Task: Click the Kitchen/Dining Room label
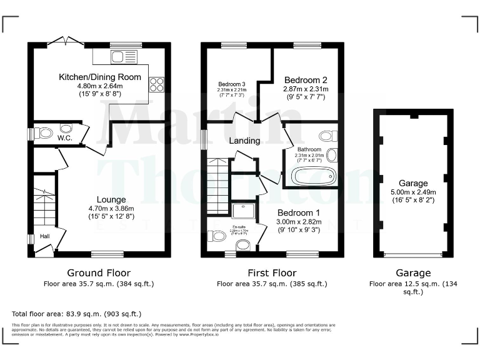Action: pyautogui.click(x=99, y=77)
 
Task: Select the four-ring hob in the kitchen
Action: pyautogui.click(x=156, y=84)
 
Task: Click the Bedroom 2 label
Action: pyautogui.click(x=305, y=80)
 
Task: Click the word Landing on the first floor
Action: pyautogui.click(x=244, y=141)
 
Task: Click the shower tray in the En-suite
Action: pyautogui.click(x=241, y=211)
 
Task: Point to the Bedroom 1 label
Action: pyautogui.click(x=299, y=212)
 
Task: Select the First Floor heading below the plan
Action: pyautogui.click(x=272, y=273)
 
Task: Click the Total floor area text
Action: pyautogui.click(x=77, y=313)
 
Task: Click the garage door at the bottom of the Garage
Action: pyautogui.click(x=412, y=254)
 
